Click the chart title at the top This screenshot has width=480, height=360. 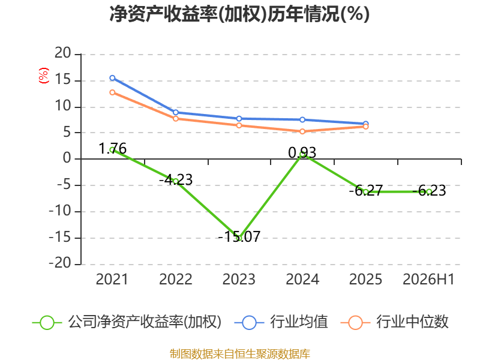pyautogui.click(x=239, y=14)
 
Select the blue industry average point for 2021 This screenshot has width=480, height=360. pyautogui.click(x=112, y=78)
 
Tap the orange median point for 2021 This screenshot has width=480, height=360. pyautogui.click(x=112, y=92)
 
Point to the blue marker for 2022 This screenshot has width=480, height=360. pyautogui.click(x=176, y=112)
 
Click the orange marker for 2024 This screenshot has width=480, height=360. pyautogui.click(x=302, y=131)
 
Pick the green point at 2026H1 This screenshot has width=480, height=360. pyautogui.click(x=429, y=191)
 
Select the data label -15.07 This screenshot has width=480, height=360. pyautogui.click(x=239, y=236)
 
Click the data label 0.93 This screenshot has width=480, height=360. pyautogui.click(x=302, y=152)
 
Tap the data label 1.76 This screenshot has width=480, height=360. pyautogui.click(x=112, y=149)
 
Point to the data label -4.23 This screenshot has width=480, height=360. pyautogui.click(x=176, y=179)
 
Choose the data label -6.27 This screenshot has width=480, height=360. pyautogui.click(x=366, y=190)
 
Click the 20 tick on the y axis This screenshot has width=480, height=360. pyautogui.click(x=63, y=53)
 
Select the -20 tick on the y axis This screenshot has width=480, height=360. pyautogui.click(x=59, y=263)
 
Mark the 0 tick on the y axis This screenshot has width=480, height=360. pyautogui.click(x=67, y=158)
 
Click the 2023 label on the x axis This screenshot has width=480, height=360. pyautogui.click(x=239, y=279)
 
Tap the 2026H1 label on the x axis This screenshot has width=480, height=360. pyautogui.click(x=428, y=279)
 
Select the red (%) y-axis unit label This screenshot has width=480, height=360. pyautogui.click(x=43, y=76)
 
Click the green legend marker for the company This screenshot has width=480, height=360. pyautogui.click(x=47, y=323)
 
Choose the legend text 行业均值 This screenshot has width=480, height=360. pyautogui.click(x=299, y=322)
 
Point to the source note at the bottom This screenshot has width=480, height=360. pyautogui.click(x=239, y=353)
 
